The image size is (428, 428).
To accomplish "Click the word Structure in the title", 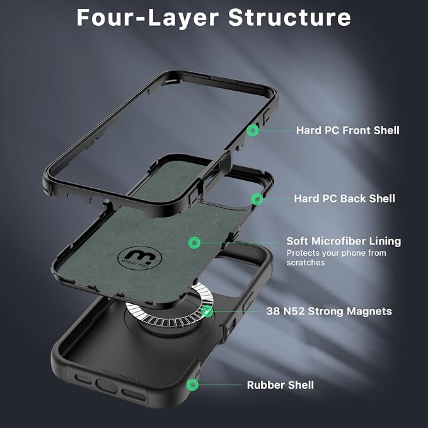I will [x=289, y=18].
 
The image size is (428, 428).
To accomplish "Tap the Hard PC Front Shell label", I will [x=347, y=130].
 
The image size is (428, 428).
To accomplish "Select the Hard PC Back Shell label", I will [x=344, y=199].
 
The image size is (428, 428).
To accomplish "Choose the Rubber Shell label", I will [x=280, y=385].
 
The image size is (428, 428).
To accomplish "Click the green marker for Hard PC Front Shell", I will [x=253, y=130].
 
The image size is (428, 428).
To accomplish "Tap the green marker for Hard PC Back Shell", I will [x=257, y=199].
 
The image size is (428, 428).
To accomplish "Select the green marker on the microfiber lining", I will [x=194, y=242].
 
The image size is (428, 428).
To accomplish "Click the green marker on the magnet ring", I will [x=207, y=311].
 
